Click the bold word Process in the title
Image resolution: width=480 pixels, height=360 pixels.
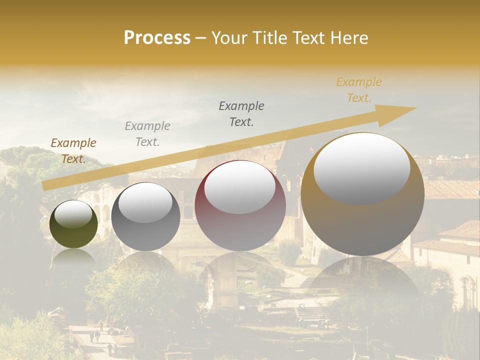[157, 38]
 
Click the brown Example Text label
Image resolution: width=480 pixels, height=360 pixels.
[73, 151]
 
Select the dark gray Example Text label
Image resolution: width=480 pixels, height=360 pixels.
[241, 114]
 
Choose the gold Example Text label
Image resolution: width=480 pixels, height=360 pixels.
[358, 90]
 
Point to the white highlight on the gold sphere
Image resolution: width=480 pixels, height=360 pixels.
[362, 168]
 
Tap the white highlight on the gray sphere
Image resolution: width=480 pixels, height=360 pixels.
[145, 201]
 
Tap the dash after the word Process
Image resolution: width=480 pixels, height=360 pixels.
[200, 38]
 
